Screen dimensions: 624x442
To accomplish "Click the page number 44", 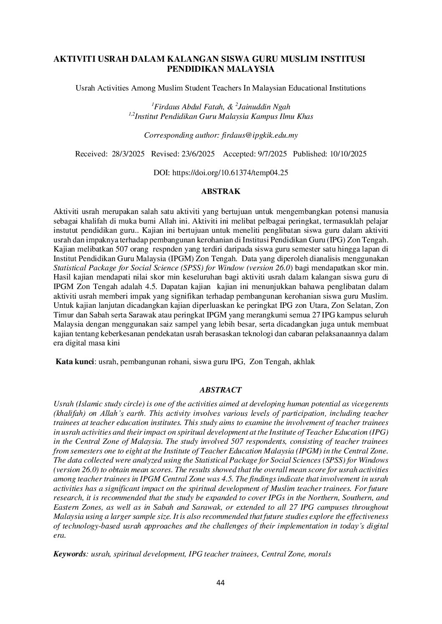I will click(221, 583).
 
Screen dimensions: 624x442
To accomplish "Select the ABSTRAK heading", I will click(221, 191).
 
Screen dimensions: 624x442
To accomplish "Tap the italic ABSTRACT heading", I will click(220, 390).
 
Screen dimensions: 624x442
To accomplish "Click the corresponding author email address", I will click(258, 135).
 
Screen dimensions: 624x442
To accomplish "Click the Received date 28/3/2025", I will click(128, 154).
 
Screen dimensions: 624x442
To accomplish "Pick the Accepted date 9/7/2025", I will click(270, 154).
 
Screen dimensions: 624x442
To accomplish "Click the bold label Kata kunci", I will click(75, 362).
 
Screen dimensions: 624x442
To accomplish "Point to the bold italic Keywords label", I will click(69, 554).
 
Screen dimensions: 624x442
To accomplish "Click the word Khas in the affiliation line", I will click(304, 116).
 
